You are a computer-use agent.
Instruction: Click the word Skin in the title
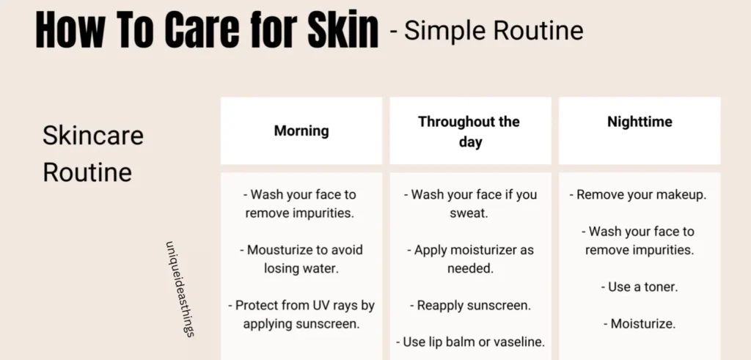click(343, 29)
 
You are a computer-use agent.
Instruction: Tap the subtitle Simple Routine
click(494, 31)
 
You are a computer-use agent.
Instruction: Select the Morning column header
click(301, 131)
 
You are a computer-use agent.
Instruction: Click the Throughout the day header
click(469, 132)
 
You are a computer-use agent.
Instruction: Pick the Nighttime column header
click(640, 122)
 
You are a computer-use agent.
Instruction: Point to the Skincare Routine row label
click(93, 153)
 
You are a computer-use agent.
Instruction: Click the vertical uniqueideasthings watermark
click(180, 289)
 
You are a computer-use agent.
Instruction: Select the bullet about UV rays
click(301, 315)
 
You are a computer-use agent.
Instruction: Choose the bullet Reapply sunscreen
click(470, 306)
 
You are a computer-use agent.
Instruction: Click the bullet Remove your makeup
click(637, 195)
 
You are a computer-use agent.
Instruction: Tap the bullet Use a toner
click(640, 287)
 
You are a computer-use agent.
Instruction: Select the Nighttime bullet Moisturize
click(640, 323)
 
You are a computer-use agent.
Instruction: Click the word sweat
click(469, 213)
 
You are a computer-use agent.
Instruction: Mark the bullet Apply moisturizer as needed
click(470, 259)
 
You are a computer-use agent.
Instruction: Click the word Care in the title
click(202, 29)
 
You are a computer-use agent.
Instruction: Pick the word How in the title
click(70, 29)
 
